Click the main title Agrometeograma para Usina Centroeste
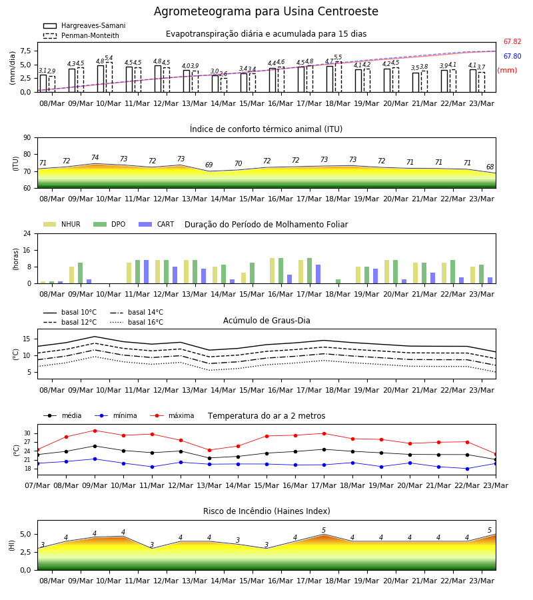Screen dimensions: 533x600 coord(266,11)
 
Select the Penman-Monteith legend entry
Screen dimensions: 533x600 coord(81,35)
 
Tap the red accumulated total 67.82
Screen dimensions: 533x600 coord(512,42)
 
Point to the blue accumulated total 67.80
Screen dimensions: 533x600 coord(512,56)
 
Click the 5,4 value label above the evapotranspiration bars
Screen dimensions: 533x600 coord(109,58)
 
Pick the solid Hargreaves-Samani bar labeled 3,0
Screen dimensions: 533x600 coord(215,84)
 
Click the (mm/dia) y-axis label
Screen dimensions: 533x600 coord(12,68)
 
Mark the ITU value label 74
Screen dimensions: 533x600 coord(95,157)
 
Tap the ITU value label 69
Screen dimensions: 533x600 coord(209,165)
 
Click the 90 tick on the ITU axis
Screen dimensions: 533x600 coord(27,138)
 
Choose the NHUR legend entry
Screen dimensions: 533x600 coord(62,224)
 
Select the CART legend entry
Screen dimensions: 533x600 coord(157,224)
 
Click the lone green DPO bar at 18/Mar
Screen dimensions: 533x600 coord(338,281)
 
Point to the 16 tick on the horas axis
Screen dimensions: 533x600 coord(27,250)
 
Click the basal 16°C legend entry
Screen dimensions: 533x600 coord(137,322)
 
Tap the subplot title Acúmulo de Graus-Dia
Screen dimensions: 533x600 coord(266,321)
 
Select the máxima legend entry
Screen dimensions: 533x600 coord(172,415)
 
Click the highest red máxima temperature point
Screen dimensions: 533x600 coord(95,431)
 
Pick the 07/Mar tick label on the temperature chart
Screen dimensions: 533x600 coord(37,485)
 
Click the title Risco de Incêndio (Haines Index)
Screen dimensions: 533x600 coord(266,511)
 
